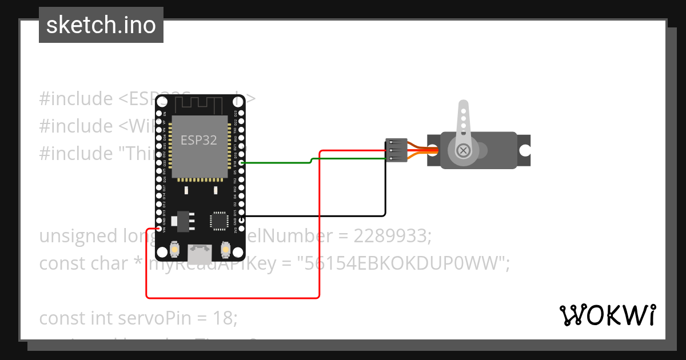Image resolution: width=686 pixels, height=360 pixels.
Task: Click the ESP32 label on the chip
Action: coord(199,140)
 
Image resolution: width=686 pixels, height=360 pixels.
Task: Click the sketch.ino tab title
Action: coord(101,25)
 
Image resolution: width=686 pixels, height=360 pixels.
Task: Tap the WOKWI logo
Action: coord(607,315)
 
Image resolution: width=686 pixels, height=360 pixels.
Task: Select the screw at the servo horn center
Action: coord(464,150)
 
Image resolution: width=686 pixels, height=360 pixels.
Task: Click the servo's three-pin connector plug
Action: coord(396,150)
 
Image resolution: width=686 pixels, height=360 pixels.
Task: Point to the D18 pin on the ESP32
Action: coord(242,163)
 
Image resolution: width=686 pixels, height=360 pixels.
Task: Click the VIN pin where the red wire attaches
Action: coord(158,229)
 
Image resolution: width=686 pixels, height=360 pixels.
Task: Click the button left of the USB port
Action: coord(174,250)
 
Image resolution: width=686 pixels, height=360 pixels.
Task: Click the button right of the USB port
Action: coord(225,250)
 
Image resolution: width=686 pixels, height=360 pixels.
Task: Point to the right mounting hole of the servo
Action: coord(523,150)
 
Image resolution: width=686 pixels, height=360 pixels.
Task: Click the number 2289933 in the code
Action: coord(384,236)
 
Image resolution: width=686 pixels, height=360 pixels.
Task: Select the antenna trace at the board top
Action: coord(198,105)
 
